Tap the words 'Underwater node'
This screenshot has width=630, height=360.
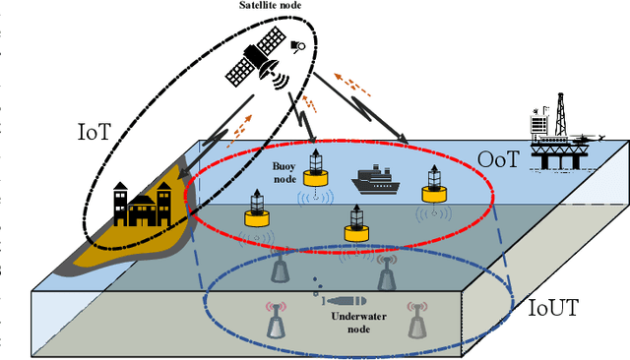point(344,326)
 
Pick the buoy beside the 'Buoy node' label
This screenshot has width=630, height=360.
point(316,168)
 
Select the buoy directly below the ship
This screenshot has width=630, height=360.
point(358,222)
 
